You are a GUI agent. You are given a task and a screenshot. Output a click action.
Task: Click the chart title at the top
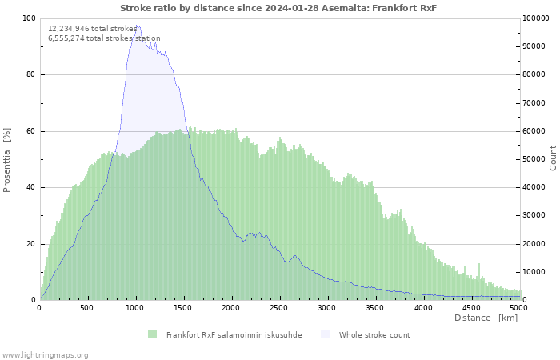tap(278, 8)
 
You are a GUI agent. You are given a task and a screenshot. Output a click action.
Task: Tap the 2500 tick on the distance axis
tap(278, 308)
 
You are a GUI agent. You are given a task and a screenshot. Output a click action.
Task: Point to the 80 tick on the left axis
tap(30, 74)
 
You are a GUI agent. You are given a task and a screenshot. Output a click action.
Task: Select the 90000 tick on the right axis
tap(534, 46)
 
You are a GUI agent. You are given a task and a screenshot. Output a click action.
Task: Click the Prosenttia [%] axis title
tap(6, 160)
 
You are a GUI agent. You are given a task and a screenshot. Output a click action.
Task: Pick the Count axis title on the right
tap(553, 158)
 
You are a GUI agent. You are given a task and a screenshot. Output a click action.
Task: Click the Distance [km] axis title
tap(486, 318)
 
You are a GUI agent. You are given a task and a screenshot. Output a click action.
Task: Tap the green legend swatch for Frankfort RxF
tap(153, 334)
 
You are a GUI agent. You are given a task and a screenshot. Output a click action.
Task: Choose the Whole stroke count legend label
tap(374, 335)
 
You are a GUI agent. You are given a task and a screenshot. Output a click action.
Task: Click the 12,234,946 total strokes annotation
tap(93, 29)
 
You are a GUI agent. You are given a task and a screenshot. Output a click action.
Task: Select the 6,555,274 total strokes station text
tap(104, 38)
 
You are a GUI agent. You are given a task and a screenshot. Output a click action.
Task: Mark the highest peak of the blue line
tap(137, 26)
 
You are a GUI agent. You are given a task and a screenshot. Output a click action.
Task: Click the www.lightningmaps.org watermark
tap(45, 355)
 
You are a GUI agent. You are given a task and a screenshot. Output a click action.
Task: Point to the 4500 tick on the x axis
tap(471, 308)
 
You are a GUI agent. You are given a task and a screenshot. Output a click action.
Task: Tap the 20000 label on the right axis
tap(534, 244)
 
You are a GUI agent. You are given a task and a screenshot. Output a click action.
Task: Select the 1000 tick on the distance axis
tap(134, 308)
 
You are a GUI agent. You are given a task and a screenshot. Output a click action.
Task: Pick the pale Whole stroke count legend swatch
tap(325, 334)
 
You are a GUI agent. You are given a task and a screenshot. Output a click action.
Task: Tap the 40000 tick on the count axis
tap(534, 187)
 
